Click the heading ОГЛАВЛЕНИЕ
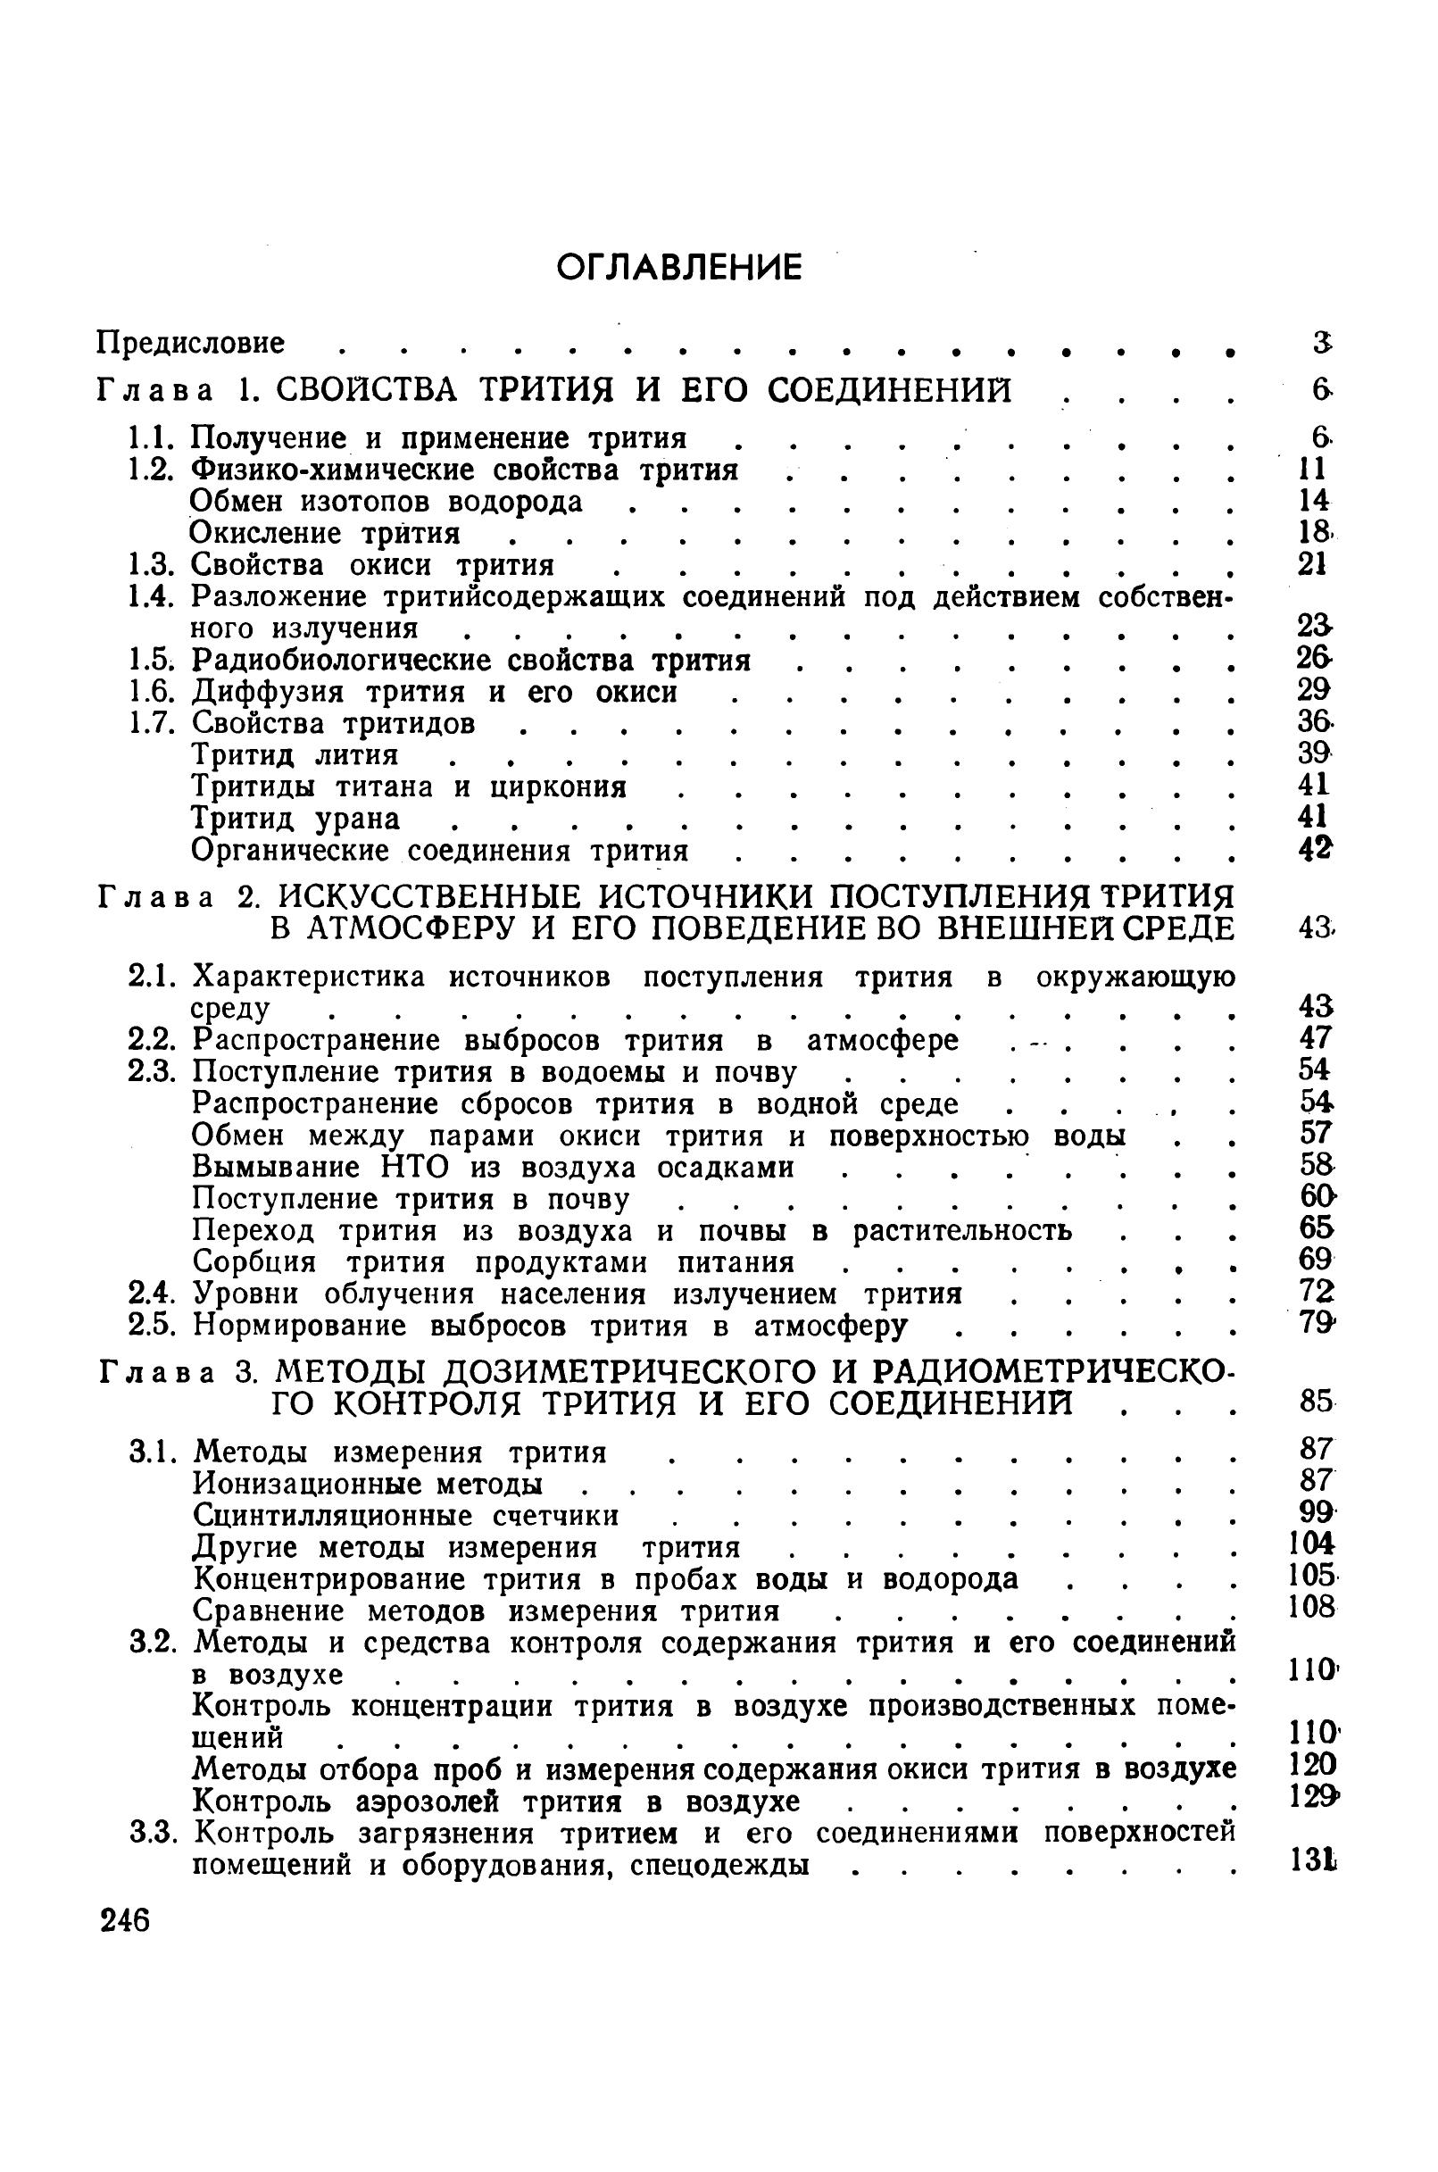pos(679,267)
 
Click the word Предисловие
pos(191,343)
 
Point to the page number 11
pos(1313,470)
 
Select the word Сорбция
pos(254,1263)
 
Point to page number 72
pos(1314,1293)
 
